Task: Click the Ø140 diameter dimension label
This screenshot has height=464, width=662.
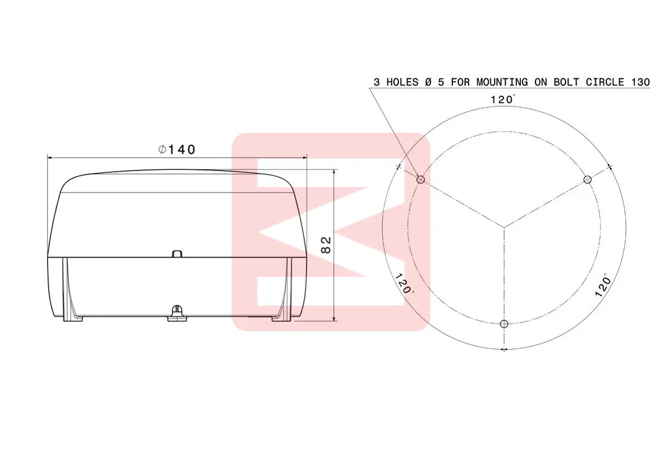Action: click(177, 149)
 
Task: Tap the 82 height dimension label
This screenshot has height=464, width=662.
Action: click(326, 245)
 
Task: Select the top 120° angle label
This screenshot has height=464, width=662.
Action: click(503, 99)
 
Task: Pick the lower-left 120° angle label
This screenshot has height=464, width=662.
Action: click(404, 284)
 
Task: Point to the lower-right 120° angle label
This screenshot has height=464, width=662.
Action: click(603, 285)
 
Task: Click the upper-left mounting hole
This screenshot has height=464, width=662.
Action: click(420, 180)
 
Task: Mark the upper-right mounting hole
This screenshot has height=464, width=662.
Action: click(587, 180)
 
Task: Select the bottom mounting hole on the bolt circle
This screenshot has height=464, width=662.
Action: click(503, 324)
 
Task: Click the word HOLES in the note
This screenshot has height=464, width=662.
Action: click(402, 82)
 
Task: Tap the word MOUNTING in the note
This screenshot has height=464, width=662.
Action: click(502, 82)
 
